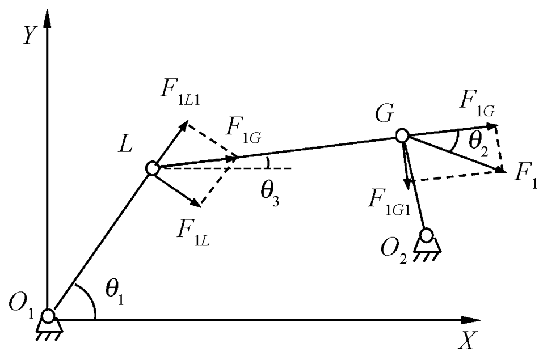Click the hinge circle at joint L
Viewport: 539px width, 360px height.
click(152, 168)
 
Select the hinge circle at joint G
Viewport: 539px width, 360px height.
click(402, 135)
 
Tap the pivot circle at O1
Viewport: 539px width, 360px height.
click(48, 315)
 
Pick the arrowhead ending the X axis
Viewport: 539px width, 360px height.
click(479, 320)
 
